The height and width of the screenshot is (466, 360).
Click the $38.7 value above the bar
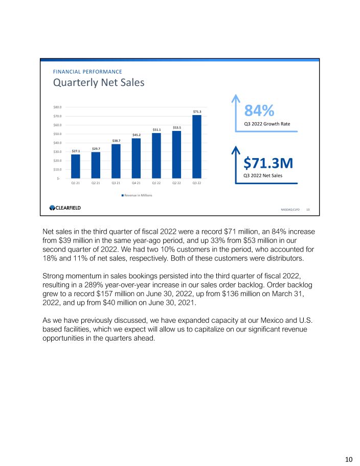(x=116, y=140)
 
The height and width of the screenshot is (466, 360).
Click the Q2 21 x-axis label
(x=96, y=183)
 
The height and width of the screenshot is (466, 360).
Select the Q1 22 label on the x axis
(x=156, y=183)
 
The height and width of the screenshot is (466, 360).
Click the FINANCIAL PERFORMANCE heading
(x=87, y=72)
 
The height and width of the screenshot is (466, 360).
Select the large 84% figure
(x=259, y=110)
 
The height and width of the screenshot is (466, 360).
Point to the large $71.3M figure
(x=268, y=163)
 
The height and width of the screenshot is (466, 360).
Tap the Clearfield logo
(x=65, y=208)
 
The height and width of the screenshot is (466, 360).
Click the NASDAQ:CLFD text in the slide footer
(x=290, y=209)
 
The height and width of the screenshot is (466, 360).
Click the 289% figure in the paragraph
(x=111, y=285)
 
